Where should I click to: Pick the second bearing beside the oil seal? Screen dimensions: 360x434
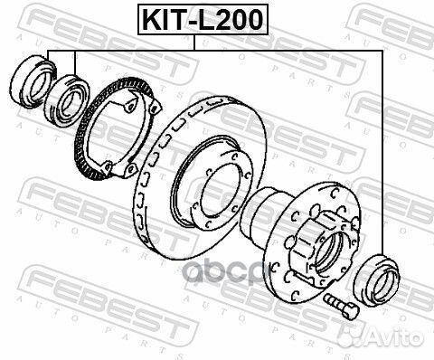tap(66, 99)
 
